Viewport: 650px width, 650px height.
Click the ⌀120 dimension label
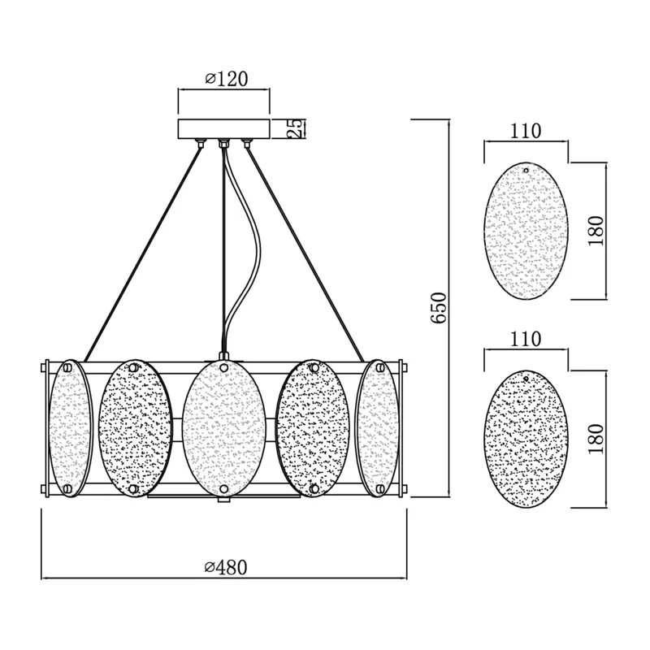227,79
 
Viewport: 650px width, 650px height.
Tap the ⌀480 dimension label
226,567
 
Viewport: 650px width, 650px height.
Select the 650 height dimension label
439,308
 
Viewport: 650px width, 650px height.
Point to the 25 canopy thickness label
295,128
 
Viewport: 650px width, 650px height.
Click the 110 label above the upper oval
525,131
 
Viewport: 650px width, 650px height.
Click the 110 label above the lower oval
525,339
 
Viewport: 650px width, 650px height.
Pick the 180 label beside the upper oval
596,231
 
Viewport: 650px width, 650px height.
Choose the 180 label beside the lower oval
596,439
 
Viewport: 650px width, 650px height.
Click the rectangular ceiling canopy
224,129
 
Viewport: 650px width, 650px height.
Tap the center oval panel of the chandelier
224,427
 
